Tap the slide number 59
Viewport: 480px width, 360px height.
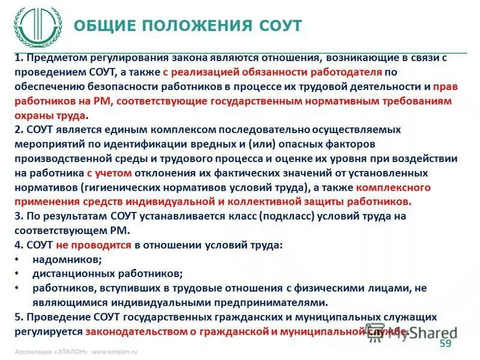click(445, 343)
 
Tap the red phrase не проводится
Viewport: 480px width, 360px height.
click(93, 245)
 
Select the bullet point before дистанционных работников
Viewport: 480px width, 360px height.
click(17, 274)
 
